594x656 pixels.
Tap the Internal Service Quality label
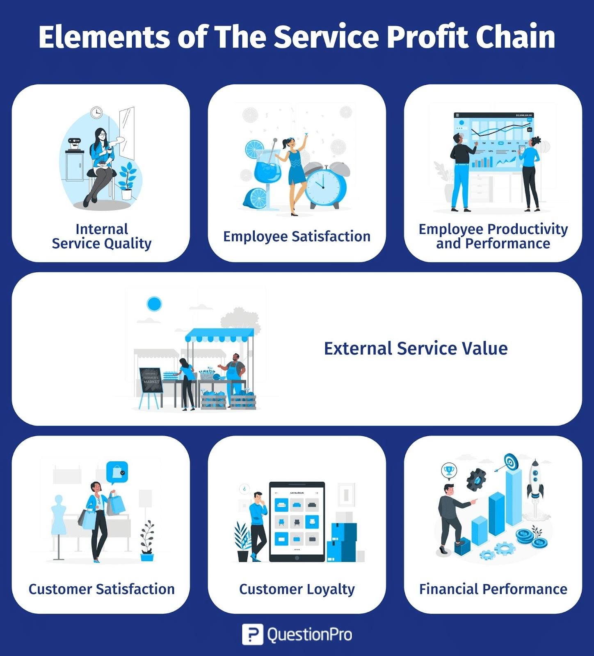tap(101, 236)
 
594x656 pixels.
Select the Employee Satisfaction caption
tap(297, 237)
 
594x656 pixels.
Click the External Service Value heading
tap(416, 348)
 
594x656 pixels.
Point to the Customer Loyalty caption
tap(297, 589)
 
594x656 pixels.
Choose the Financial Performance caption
tap(493, 589)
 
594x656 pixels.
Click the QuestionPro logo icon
tap(252, 634)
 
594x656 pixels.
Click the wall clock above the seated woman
tap(96, 112)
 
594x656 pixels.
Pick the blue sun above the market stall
tap(154, 304)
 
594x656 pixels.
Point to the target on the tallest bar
tap(511, 462)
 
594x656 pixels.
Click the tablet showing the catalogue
tap(297, 522)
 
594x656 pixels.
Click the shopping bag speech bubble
tap(117, 472)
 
